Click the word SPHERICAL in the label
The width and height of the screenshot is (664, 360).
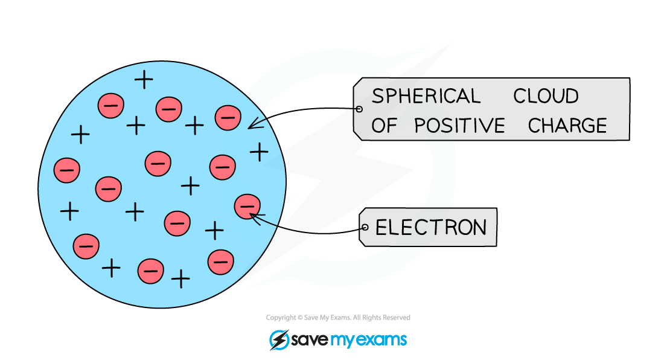tap(426, 96)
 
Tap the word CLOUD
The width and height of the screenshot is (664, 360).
tap(546, 96)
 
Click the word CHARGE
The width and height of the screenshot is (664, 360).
tap(567, 126)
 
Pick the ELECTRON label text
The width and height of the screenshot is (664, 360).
tap(431, 227)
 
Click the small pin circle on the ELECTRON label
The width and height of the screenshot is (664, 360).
tap(364, 228)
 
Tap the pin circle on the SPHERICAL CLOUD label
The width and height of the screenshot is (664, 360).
tap(359, 109)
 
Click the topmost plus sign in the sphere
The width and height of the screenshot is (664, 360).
tap(144, 79)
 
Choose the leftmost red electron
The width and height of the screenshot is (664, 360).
tap(66, 170)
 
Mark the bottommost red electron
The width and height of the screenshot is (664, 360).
tap(150, 271)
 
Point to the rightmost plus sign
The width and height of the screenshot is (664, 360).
tap(259, 151)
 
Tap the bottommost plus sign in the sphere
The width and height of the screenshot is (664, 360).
tap(180, 278)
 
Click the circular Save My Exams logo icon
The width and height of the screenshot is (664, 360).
tap(278, 339)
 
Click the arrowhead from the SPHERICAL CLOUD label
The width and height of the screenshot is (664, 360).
tap(250, 127)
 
